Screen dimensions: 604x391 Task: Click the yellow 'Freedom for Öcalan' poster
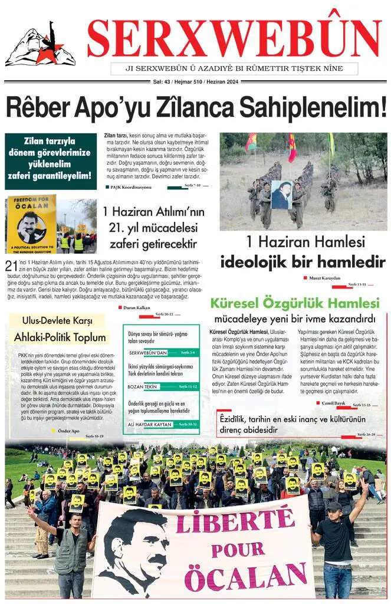31,224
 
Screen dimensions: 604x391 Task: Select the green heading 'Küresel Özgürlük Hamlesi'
295,304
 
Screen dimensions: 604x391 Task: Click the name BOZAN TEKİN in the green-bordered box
143,386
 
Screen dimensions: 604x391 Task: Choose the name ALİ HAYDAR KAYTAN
150,424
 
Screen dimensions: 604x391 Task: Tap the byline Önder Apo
69,431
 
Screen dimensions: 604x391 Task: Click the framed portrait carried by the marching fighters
281,195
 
